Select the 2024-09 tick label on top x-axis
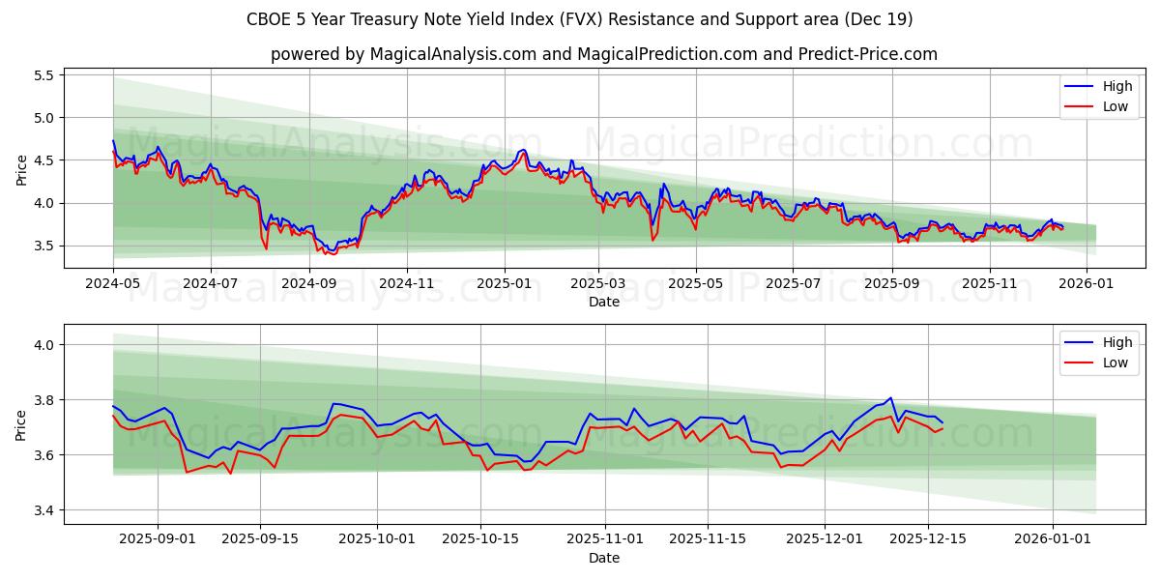coord(309,283)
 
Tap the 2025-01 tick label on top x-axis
coord(504,283)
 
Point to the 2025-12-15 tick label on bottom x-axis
coord(928,539)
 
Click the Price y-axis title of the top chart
coord(22,170)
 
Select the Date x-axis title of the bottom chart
coord(604,558)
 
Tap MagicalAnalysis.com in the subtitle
coord(452,54)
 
